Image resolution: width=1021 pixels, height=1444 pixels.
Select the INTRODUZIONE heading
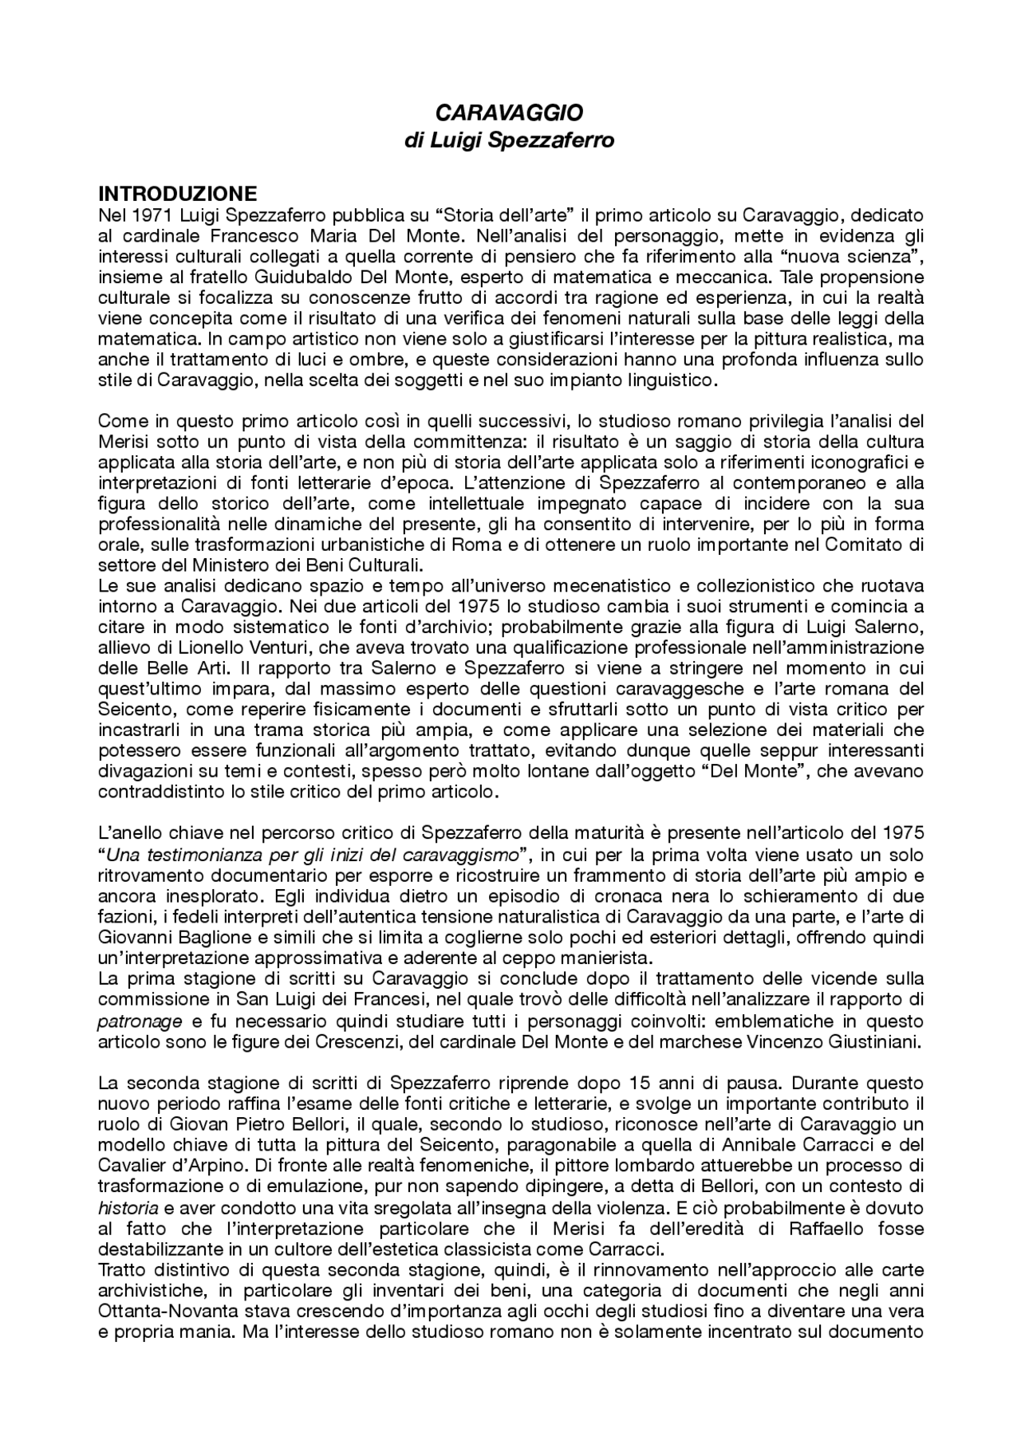(177, 194)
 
